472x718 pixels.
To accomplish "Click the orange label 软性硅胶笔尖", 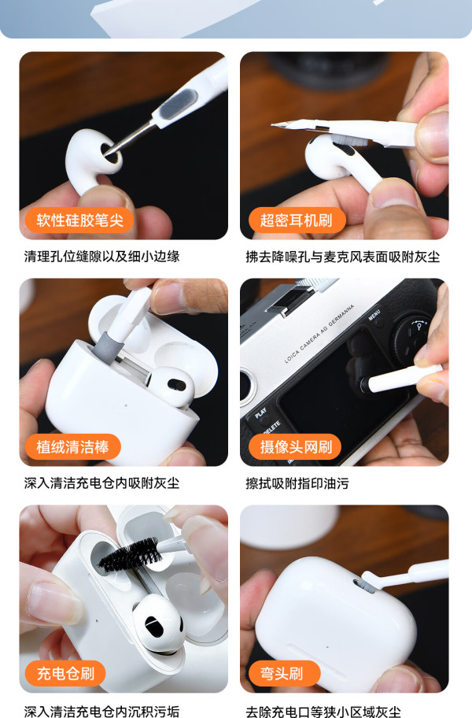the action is point(79,220).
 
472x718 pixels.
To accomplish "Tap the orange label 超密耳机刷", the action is point(297,220).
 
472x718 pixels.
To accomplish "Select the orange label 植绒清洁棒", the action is point(72,446).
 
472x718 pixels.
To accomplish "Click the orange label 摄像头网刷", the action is point(295,446).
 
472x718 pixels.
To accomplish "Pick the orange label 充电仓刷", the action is point(65,673).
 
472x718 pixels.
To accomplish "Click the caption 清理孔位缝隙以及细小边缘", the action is point(101,257).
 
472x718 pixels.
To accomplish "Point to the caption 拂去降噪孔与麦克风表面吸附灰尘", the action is point(342,257).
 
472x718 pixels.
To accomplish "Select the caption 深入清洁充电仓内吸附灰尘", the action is point(101,483).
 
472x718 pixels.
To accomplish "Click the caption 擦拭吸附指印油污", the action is point(297,483).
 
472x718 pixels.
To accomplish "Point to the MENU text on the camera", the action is point(374,315).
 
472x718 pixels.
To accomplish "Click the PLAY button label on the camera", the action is point(260,413).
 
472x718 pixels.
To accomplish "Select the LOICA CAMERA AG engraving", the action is point(319,333).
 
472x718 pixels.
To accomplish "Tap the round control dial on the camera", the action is point(411,337).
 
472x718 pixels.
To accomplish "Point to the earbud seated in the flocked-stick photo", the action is point(170,386).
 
